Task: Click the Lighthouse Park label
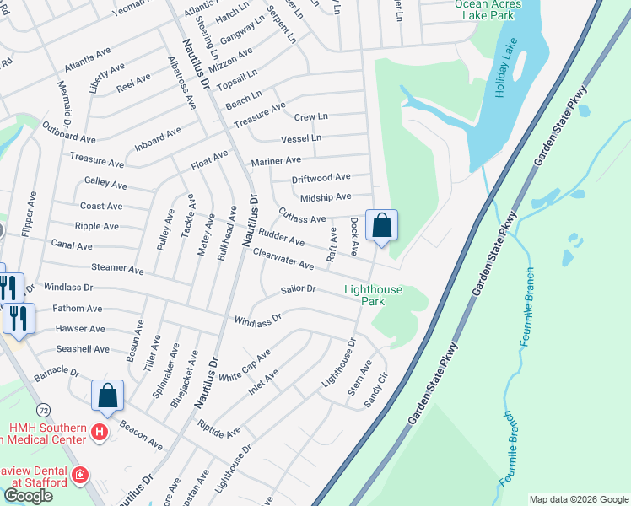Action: pyautogui.click(x=374, y=295)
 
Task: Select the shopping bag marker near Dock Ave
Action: pyautogui.click(x=382, y=225)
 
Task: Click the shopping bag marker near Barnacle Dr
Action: pyautogui.click(x=107, y=396)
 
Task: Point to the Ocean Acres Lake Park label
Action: pyautogui.click(x=488, y=8)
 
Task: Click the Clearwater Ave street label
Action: pyautogui.click(x=283, y=259)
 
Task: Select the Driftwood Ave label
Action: pyautogui.click(x=321, y=177)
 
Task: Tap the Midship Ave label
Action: pyautogui.click(x=326, y=196)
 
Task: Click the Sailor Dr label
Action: pyautogui.click(x=299, y=289)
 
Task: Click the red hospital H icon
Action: pyautogui.click(x=100, y=433)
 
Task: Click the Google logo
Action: pyautogui.click(x=28, y=496)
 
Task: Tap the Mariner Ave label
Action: pyautogui.click(x=276, y=160)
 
